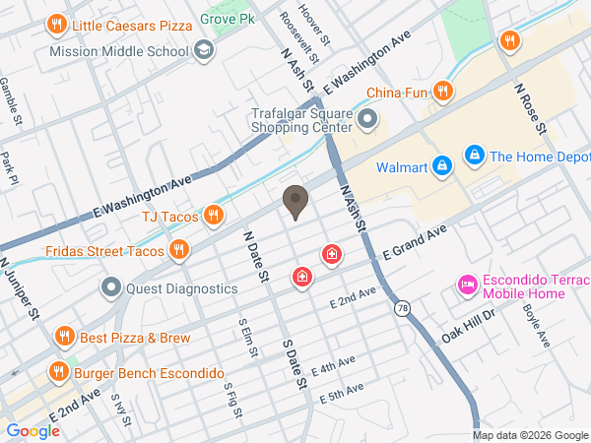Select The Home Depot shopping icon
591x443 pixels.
pyautogui.click(x=475, y=156)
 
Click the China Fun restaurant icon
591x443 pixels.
pyautogui.click(x=443, y=93)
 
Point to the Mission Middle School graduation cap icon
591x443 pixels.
pyautogui.click(x=204, y=50)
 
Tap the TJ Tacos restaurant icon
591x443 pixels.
pyautogui.click(x=213, y=216)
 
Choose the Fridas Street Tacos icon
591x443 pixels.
pyautogui.click(x=178, y=250)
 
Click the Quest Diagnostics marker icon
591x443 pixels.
pyautogui.click(x=111, y=288)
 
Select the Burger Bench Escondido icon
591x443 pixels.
pyautogui.click(x=59, y=373)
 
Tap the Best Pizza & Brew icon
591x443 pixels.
pyautogui.click(x=65, y=337)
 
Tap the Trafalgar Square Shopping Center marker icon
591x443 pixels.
pyautogui.click(x=367, y=120)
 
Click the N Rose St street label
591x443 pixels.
pyautogui.click(x=529, y=106)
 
